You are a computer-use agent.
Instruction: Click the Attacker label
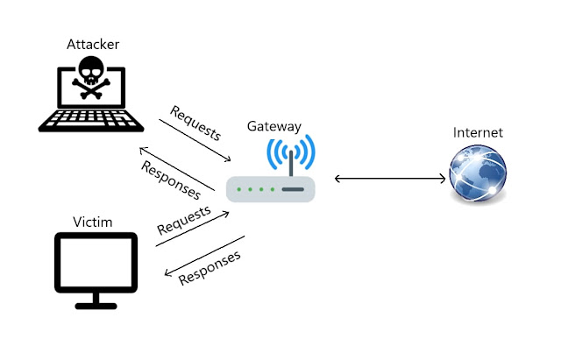91,44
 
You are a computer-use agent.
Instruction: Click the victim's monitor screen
96,262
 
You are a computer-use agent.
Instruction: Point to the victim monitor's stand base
96,306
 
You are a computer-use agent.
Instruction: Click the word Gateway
273,125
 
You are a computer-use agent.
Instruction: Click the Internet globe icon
477,174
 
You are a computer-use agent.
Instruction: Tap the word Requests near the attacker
195,124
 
